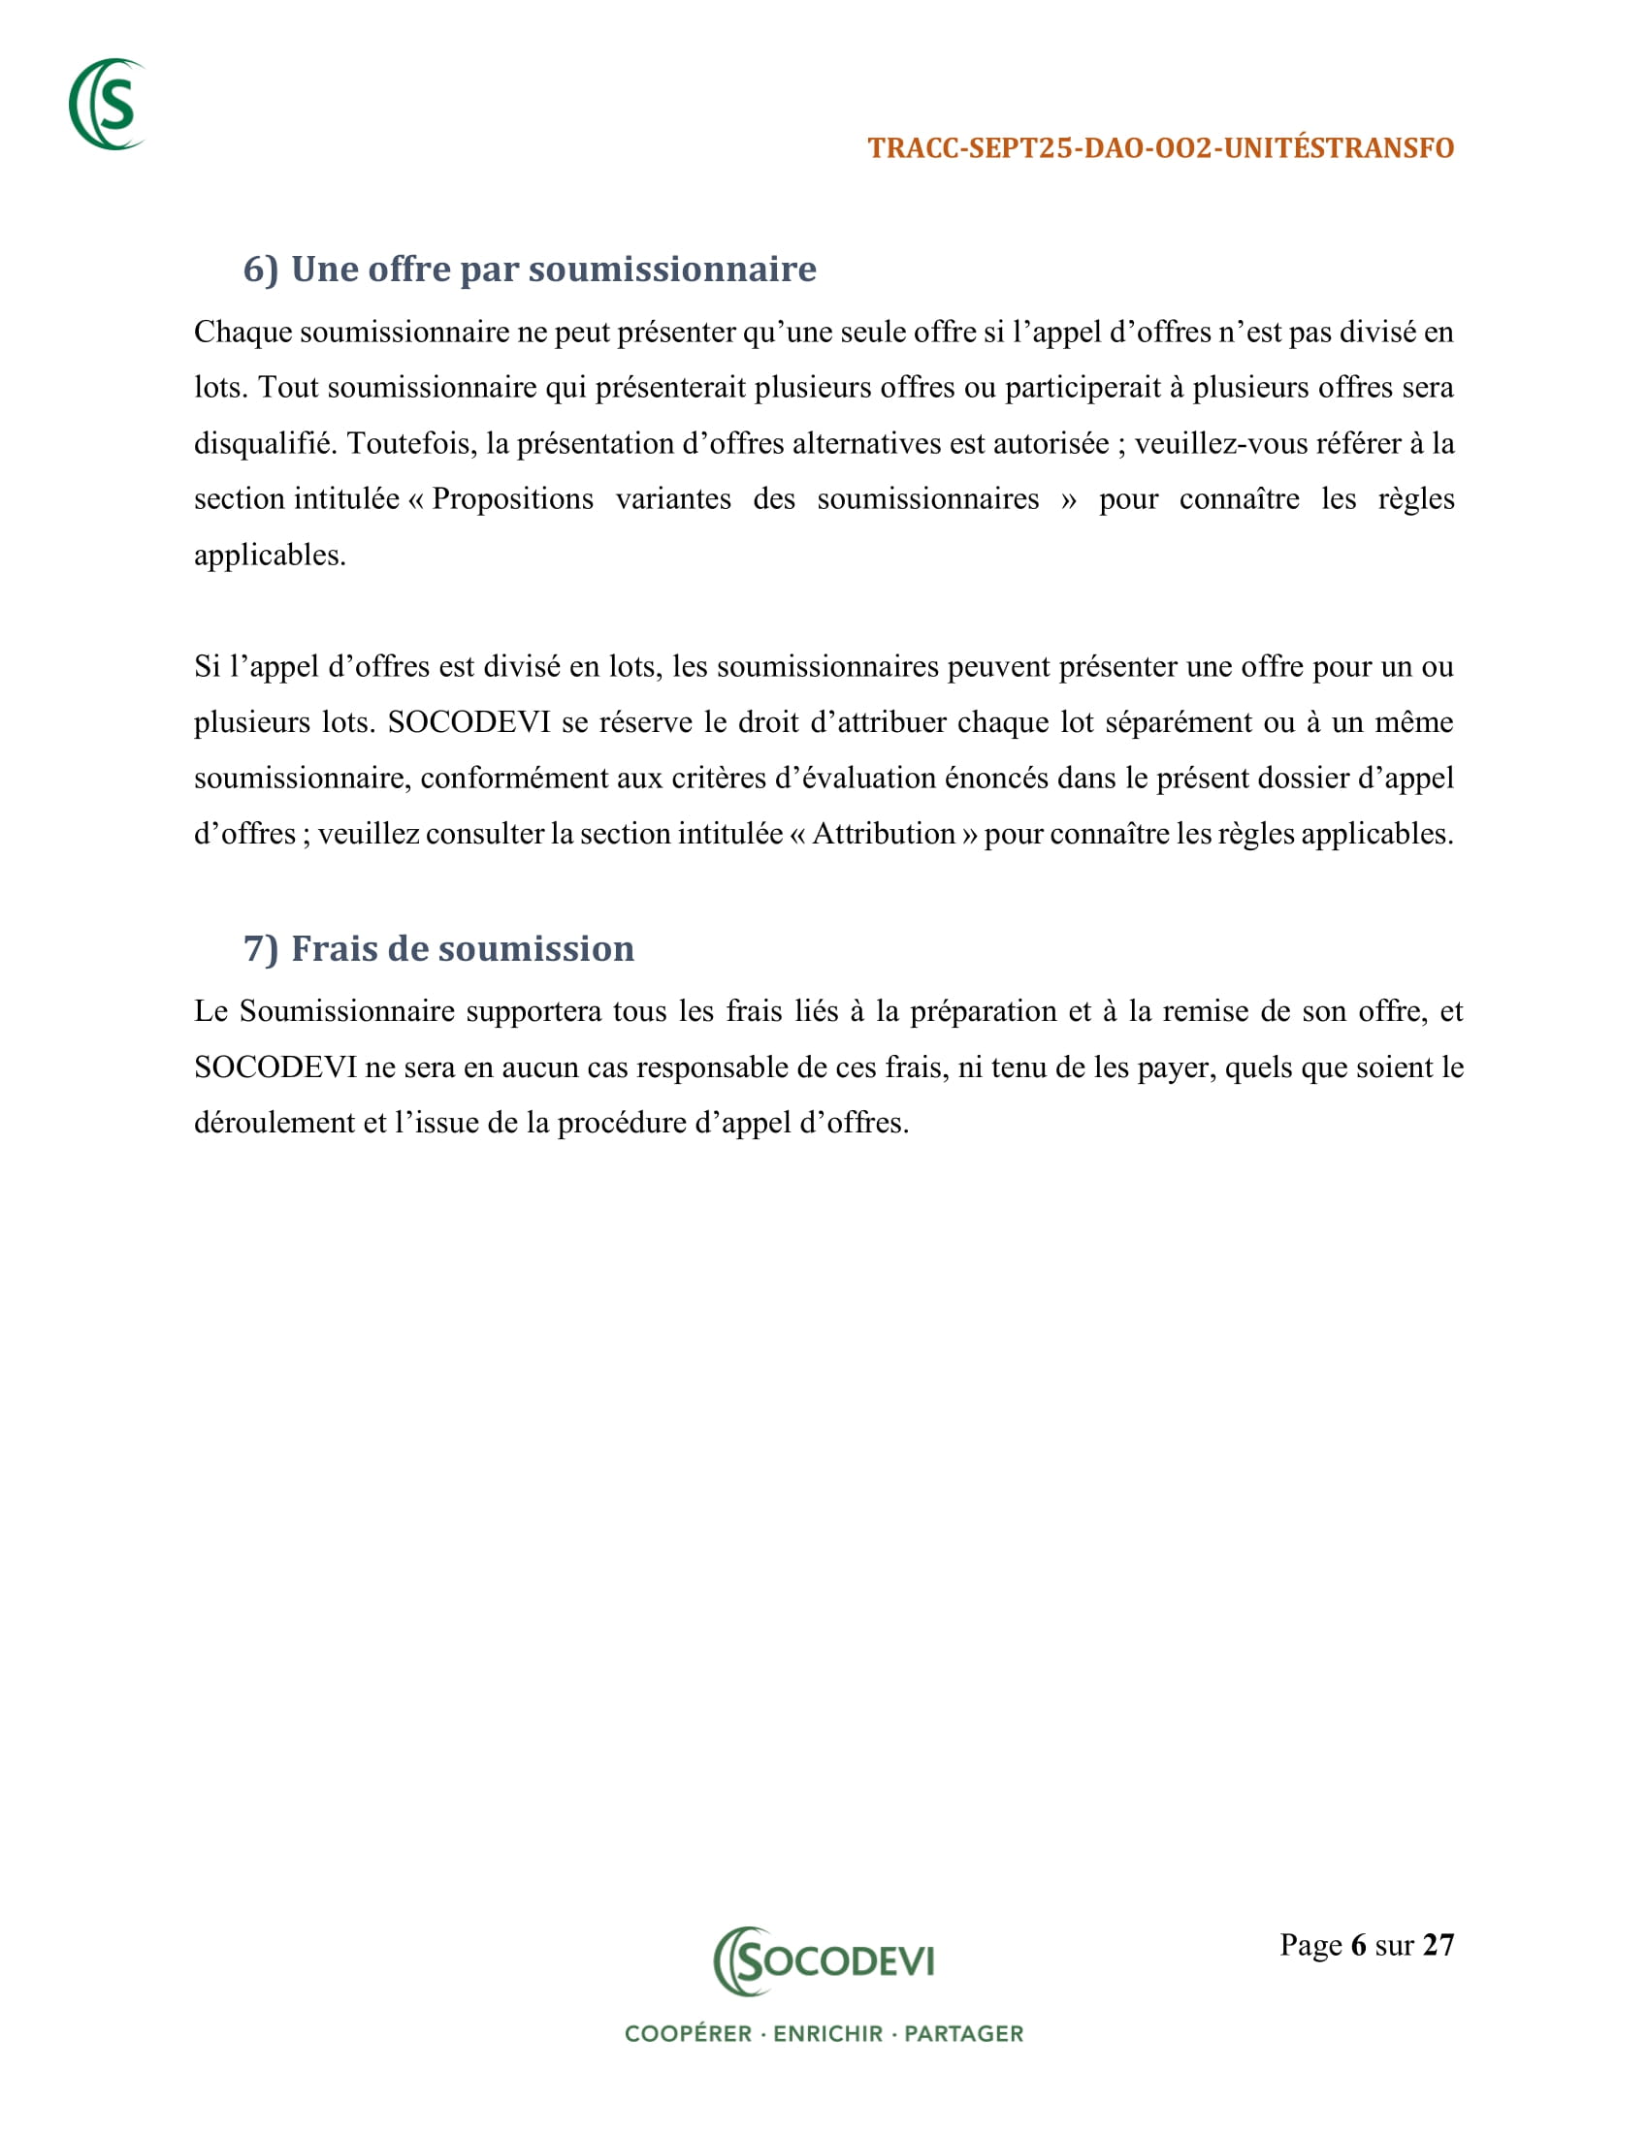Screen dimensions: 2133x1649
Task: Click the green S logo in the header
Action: [108, 105]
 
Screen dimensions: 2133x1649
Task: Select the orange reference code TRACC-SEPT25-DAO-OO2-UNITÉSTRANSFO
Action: [1160, 148]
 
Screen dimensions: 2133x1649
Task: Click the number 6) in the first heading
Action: [261, 270]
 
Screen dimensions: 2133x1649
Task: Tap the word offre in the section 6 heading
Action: [409, 270]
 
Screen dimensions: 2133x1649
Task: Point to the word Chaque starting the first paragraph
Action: [242, 333]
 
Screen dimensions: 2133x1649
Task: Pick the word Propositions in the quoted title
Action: [513, 500]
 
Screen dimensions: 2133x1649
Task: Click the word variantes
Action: [673, 500]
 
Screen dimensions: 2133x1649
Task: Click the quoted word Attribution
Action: [883, 834]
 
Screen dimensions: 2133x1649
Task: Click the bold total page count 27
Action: [1438, 1946]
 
